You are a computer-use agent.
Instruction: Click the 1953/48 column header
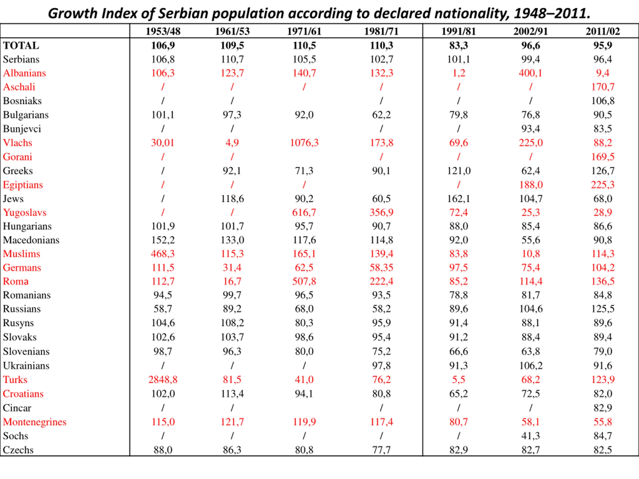pos(163,31)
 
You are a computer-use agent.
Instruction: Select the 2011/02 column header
pos(603,31)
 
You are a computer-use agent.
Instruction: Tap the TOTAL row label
pos(21,45)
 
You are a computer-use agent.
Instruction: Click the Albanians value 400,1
pos(530,73)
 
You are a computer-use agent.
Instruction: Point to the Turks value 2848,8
pos(163,379)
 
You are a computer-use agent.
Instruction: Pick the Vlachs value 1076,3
pos(304,143)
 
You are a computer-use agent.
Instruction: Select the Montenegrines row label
pos(35,422)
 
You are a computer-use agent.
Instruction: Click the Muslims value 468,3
pos(163,254)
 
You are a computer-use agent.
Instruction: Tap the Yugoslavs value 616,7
pos(304,213)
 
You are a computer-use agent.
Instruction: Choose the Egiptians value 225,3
pos(603,185)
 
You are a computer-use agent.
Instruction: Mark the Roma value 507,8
pos(304,281)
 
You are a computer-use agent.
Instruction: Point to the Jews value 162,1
pos(459,199)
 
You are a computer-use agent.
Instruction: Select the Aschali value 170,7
pos(603,87)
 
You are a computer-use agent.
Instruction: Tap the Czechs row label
pos(18,450)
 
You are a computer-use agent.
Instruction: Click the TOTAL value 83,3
pos(459,45)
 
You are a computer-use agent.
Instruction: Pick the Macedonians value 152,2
pos(163,240)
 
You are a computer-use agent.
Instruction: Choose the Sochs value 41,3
pos(530,436)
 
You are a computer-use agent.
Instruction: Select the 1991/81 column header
pos(459,31)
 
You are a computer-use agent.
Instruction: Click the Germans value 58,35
pos(381,268)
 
